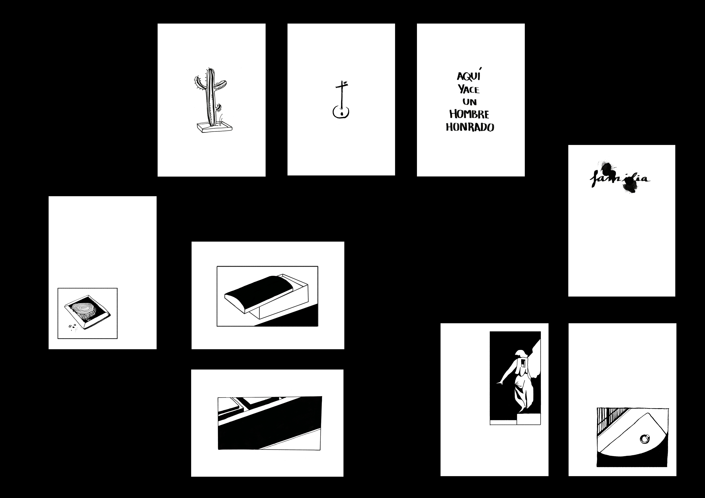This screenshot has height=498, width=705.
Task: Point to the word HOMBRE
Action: (469, 114)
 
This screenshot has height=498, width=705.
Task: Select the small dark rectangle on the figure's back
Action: (522, 364)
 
